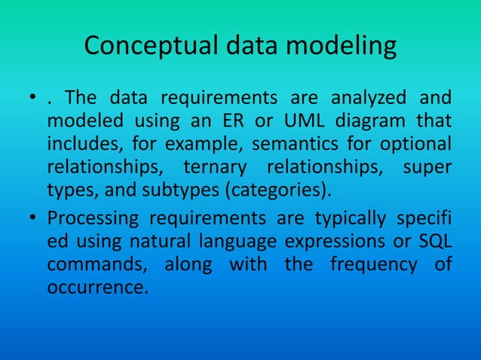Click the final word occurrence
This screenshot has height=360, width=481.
tap(94, 286)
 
